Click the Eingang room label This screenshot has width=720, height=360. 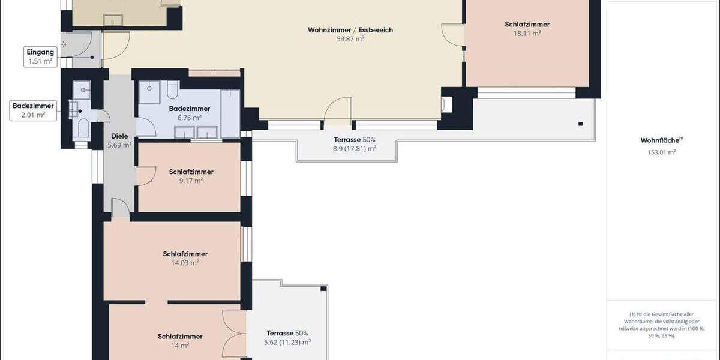click(x=40, y=52)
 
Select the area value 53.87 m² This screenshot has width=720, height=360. click(x=351, y=38)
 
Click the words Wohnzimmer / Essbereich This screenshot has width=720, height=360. click(x=350, y=30)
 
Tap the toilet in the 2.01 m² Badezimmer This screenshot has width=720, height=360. click(x=83, y=127)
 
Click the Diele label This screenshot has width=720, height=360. click(x=119, y=136)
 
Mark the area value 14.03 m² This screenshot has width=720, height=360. click(x=185, y=262)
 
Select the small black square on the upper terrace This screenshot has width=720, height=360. click(x=580, y=124)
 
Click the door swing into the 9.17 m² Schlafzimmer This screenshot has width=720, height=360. click(x=145, y=176)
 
